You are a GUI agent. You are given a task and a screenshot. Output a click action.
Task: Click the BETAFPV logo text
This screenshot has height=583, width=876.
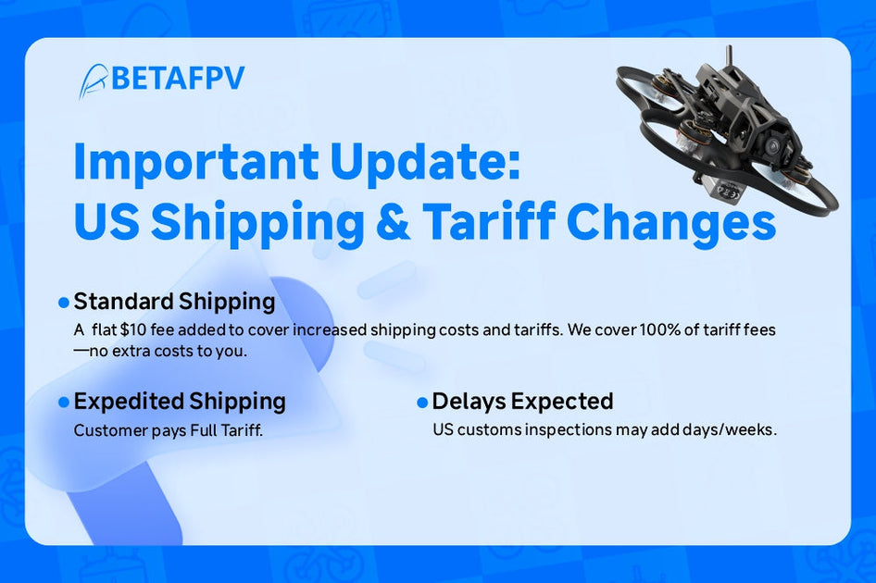click(178, 79)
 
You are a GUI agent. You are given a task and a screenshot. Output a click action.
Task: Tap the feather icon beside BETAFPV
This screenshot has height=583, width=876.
click(93, 81)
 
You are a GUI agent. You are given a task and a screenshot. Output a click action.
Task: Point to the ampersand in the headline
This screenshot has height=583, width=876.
click(396, 222)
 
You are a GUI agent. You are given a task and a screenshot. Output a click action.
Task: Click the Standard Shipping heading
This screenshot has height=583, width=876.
click(174, 302)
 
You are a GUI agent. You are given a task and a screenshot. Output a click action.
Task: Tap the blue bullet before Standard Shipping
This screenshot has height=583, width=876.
click(64, 303)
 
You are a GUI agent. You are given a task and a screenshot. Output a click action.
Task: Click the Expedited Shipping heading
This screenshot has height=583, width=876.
click(180, 402)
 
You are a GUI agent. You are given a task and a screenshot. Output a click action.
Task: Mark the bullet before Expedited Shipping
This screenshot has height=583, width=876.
click(64, 403)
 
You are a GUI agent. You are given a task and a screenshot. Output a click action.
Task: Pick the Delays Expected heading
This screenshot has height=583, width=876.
click(522, 402)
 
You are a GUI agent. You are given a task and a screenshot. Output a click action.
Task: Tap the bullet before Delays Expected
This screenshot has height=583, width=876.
click(422, 403)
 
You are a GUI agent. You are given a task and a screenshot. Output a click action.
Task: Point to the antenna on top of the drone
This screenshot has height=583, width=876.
click(731, 56)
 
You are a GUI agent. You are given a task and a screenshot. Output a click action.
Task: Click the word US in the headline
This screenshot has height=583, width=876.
click(105, 222)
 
